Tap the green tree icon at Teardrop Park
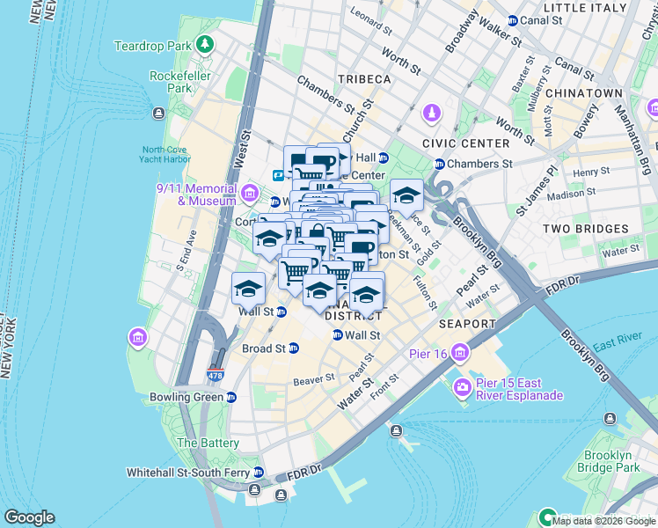pos(205,44)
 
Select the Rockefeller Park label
pos(171,82)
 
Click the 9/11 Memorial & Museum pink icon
pos(250,193)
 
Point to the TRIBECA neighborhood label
pos(361,79)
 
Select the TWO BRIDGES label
pos(585,229)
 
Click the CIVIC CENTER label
pos(465,143)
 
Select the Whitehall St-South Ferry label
pos(187,473)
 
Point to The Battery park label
pos(208,444)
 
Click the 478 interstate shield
pos(215,375)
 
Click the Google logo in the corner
pos(29,517)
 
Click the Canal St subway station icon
pos(513,20)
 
